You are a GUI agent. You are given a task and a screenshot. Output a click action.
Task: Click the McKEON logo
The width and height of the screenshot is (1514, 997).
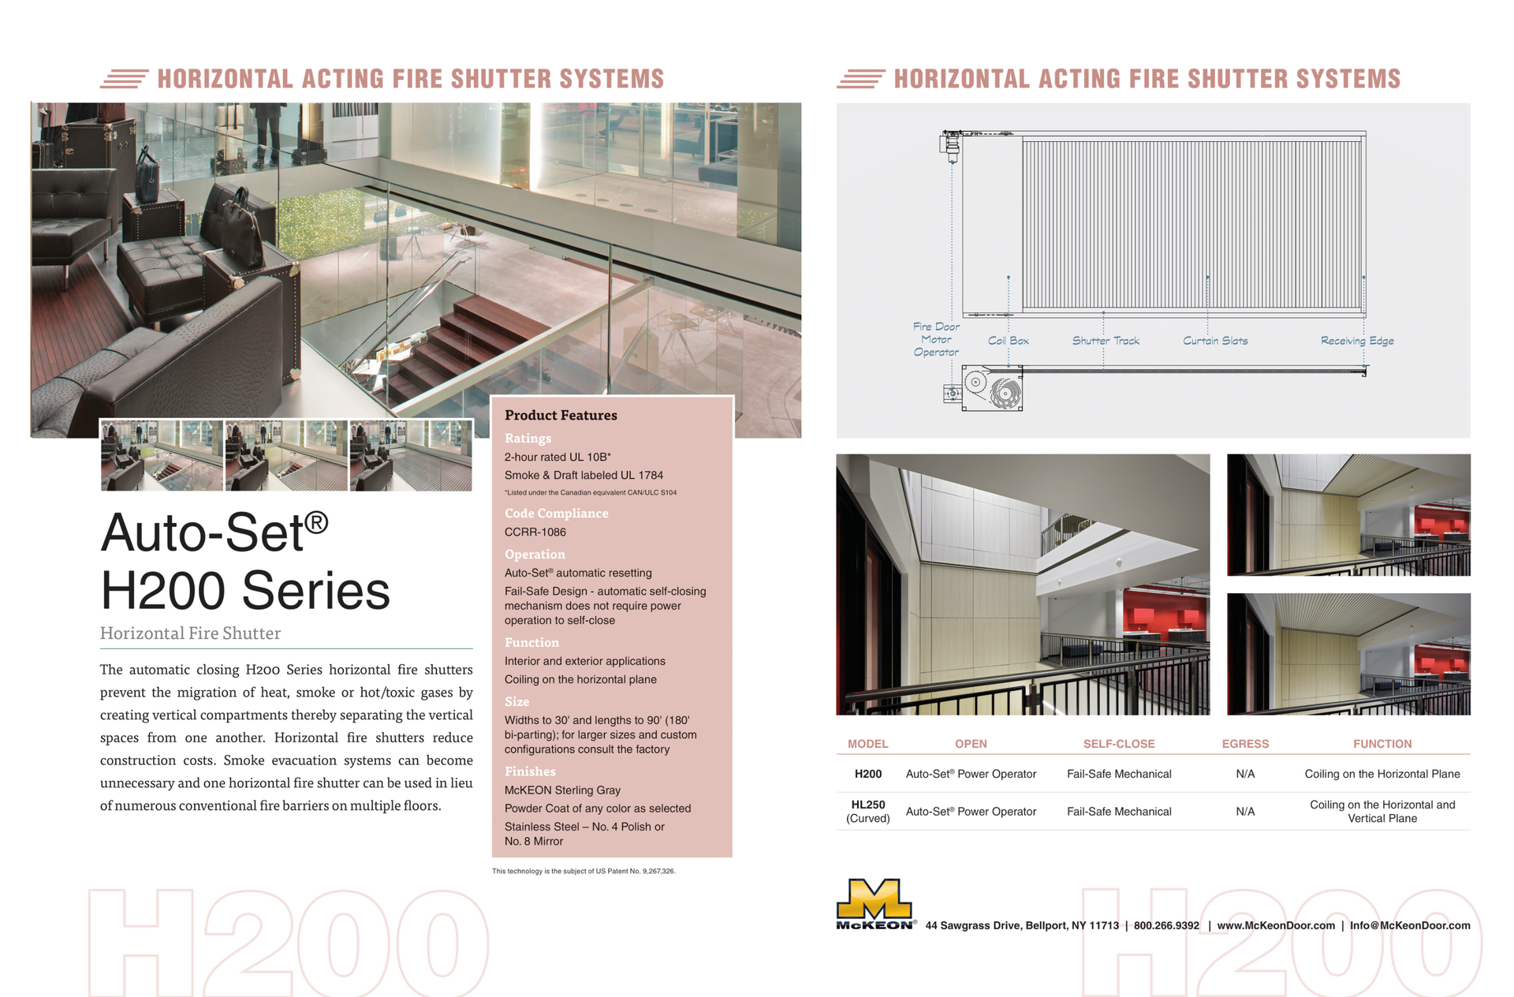point(875,905)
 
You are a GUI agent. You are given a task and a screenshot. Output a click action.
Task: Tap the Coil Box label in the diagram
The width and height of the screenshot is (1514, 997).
point(1008,341)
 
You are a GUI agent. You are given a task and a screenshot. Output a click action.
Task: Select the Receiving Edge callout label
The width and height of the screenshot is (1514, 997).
point(1357,341)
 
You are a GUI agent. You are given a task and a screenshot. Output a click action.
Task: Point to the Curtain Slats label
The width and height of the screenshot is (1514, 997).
point(1215,341)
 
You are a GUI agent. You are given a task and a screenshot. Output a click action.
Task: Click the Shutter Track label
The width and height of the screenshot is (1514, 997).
point(1106,341)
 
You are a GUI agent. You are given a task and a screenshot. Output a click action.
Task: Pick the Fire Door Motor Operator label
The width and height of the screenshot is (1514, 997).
point(936,339)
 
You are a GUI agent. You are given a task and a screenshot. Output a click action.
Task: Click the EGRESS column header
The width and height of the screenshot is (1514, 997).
point(1245,744)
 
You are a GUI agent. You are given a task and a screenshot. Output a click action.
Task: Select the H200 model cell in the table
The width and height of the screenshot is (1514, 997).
point(868,774)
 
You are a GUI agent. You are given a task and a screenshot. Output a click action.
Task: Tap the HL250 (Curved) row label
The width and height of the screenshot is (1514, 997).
point(868,812)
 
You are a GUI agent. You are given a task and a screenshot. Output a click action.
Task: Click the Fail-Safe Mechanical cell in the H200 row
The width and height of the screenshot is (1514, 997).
point(1119,774)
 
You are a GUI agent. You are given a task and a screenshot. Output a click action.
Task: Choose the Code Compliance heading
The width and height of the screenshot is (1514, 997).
point(556,513)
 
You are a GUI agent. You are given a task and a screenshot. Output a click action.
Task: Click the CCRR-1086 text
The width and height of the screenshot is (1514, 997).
point(535,532)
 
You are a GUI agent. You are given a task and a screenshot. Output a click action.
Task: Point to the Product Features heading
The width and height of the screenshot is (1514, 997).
point(561,416)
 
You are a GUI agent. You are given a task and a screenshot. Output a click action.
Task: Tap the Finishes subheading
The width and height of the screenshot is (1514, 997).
point(530,771)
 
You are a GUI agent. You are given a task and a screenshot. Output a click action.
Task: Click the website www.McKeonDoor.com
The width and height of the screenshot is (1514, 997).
point(1276,925)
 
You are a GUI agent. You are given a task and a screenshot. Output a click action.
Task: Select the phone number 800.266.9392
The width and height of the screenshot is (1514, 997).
point(1166,925)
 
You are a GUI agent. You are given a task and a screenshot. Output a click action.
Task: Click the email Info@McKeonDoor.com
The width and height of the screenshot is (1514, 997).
point(1410,925)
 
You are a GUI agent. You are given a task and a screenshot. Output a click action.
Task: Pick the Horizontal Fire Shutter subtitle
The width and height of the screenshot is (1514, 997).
point(190,633)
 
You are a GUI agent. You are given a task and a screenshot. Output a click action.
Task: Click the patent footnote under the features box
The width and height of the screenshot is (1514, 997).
point(584,872)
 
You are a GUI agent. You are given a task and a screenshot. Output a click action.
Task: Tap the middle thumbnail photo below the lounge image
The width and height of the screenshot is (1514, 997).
point(286,455)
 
